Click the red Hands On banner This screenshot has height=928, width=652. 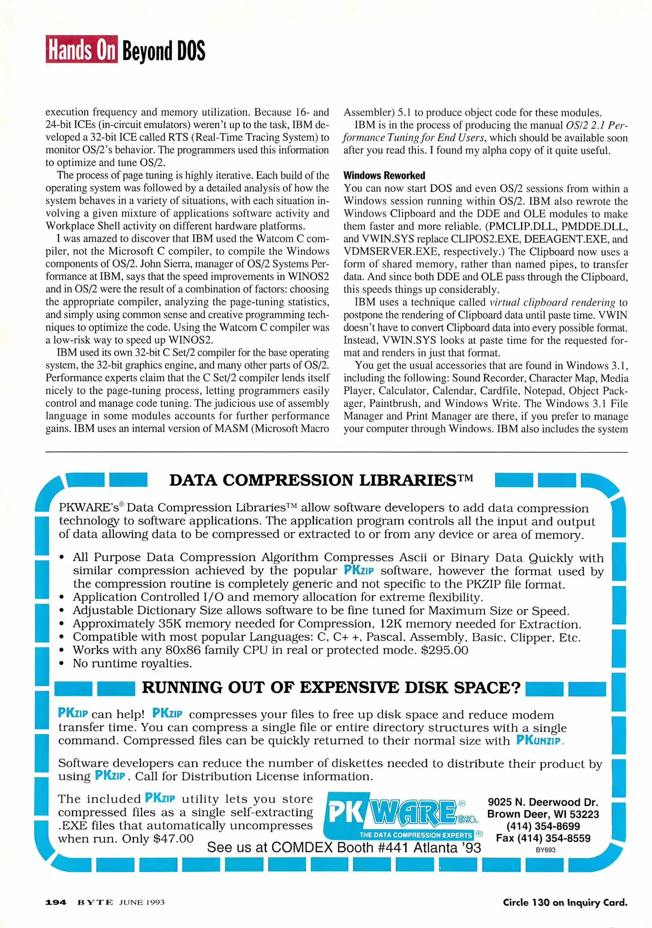click(82, 49)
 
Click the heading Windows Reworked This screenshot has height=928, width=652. click(384, 175)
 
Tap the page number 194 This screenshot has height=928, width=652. click(56, 902)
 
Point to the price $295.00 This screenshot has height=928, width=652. click(444, 650)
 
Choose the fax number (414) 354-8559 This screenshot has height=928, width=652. click(543, 838)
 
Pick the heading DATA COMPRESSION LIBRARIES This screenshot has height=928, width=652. click(321, 480)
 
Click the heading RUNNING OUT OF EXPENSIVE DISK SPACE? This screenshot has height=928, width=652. click(331, 687)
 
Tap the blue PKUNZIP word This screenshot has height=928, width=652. click(539, 740)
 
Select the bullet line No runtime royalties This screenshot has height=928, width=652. click(132, 663)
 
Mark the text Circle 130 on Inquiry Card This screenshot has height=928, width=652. click(565, 902)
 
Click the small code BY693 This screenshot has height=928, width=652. click(545, 850)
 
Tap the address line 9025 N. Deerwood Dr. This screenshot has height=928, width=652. click(543, 802)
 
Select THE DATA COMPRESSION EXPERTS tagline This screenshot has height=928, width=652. click(416, 835)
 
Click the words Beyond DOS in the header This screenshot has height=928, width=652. click(164, 51)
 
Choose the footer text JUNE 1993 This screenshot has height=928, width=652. click(142, 902)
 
